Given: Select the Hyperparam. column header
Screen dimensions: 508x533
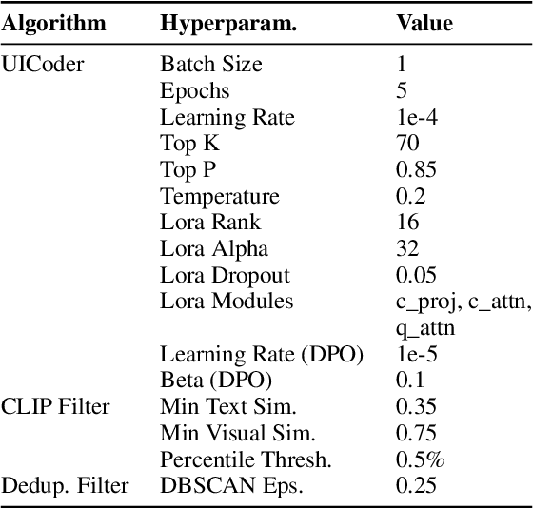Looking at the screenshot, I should coord(228,24).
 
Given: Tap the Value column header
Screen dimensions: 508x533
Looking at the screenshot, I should coord(424,24).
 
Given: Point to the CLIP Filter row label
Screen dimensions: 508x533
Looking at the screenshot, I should coord(56,407).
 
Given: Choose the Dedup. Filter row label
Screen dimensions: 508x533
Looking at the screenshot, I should coord(66,487).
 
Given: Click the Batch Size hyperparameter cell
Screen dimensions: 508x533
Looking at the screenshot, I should coord(211,65).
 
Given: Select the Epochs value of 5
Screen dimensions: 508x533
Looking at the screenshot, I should coord(401,91).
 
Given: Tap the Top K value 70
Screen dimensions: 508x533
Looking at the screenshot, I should coord(407,144).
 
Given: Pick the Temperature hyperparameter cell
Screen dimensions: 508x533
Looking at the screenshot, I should coord(220,197).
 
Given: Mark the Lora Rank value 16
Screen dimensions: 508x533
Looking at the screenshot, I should coord(406,223).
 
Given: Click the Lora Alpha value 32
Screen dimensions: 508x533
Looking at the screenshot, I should coord(407,249).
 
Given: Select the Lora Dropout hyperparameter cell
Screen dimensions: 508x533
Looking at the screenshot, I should coord(225,276).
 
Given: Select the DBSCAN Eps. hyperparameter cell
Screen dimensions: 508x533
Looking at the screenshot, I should coord(226,487).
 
